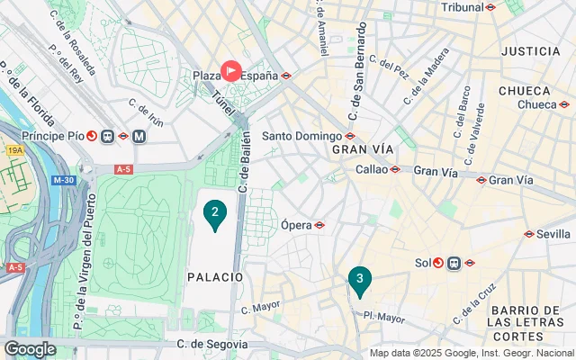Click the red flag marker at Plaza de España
[x=231, y=70]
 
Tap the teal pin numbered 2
[x=214, y=213]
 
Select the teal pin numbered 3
[x=360, y=280]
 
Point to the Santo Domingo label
[x=301, y=136]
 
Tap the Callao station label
[x=372, y=168]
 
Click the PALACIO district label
[x=215, y=276]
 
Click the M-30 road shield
[x=63, y=180]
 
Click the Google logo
[x=30, y=348]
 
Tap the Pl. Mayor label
[x=384, y=316]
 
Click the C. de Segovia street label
[x=211, y=344]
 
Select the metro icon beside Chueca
[x=565, y=104]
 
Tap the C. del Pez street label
[x=394, y=66]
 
